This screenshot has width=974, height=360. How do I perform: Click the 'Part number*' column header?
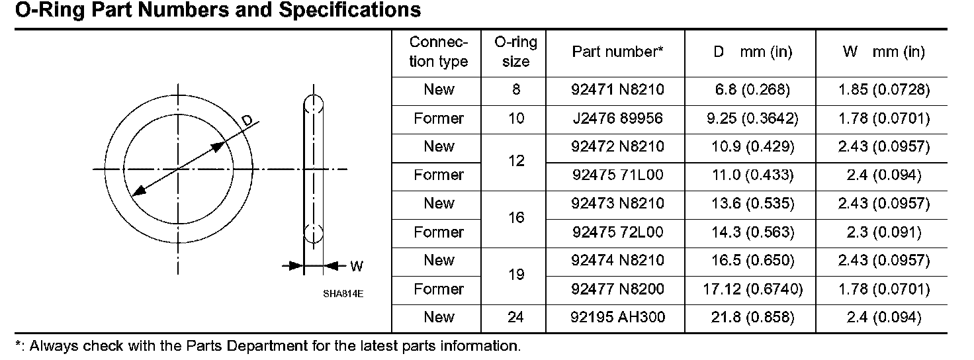[x=617, y=52]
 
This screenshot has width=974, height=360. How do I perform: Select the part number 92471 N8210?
[x=617, y=90]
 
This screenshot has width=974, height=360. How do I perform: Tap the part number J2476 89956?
[x=617, y=118]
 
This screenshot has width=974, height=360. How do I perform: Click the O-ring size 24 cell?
[x=515, y=318]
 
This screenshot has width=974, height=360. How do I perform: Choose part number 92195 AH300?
[x=617, y=318]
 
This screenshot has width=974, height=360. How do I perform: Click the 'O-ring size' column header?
[x=515, y=52]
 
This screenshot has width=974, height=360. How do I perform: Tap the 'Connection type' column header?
[x=438, y=52]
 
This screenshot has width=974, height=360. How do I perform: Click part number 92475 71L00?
[x=617, y=175]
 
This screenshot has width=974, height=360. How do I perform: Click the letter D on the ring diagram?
[x=246, y=120]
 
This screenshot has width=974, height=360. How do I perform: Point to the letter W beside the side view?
[x=357, y=267]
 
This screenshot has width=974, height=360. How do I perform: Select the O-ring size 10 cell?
[x=515, y=118]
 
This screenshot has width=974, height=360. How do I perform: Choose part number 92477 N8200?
[x=617, y=289]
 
